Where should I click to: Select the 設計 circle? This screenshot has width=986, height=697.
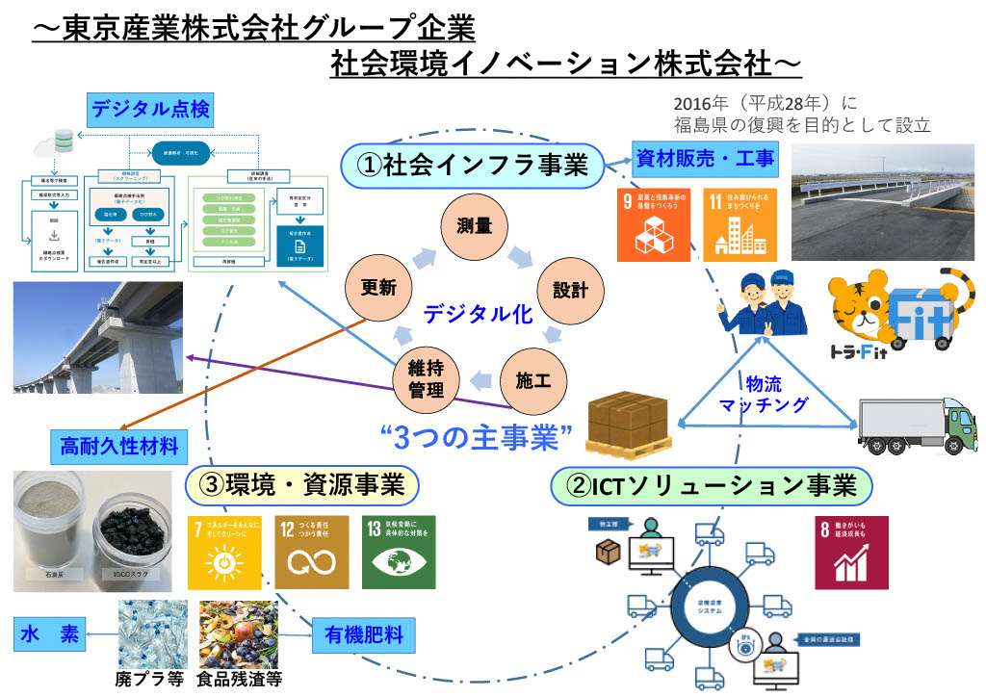click(564, 290)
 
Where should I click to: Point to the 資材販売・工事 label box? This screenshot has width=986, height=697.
click(705, 159)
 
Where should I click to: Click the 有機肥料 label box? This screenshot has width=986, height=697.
click(363, 634)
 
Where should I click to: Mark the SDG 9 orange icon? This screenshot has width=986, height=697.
click(653, 224)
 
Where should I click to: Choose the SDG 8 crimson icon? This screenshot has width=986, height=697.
click(851, 552)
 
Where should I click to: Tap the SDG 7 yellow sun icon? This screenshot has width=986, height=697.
click(224, 552)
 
